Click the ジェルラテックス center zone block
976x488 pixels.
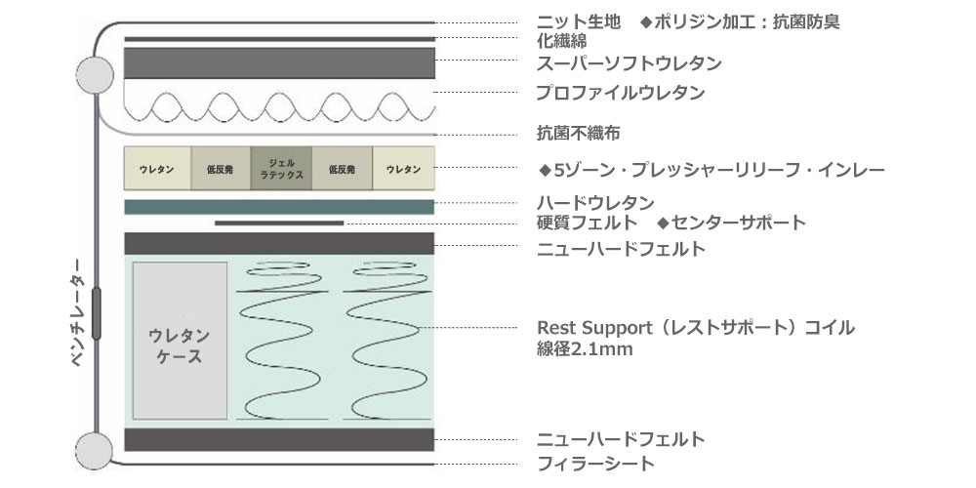tap(281, 169)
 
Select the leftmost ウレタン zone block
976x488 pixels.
tap(157, 169)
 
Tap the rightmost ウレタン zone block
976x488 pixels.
tap(403, 169)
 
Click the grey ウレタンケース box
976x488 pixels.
tap(180, 341)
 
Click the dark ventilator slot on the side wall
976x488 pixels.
tap(96, 313)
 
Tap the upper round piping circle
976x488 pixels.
tap(96, 75)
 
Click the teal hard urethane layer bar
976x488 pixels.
tap(279, 207)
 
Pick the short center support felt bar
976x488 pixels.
tap(279, 223)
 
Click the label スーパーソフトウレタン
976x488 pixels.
tap(630, 62)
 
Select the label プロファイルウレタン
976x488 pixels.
tap(621, 93)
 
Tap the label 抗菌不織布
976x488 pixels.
tap(578, 133)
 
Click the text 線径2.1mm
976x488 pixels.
tap(585, 349)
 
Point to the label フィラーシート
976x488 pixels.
tap(595, 463)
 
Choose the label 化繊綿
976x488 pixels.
tap(561, 41)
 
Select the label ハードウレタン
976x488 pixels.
tap(595, 203)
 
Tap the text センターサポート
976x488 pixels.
tap(739, 223)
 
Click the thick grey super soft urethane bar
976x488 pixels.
tap(279, 62)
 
